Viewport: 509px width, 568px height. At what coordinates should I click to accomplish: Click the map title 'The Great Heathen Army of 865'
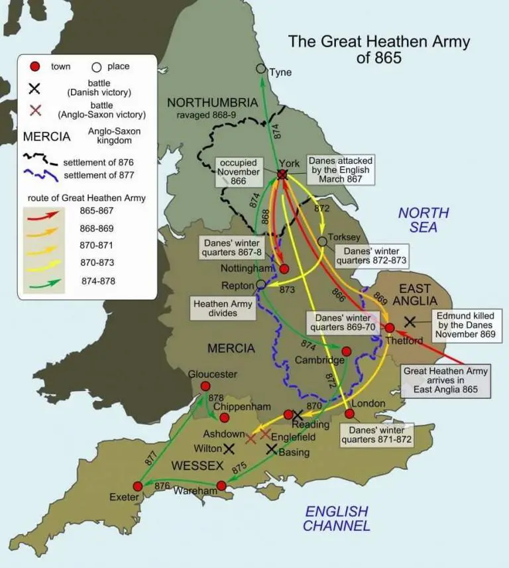378,50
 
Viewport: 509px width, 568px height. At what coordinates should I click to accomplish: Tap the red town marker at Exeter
139,486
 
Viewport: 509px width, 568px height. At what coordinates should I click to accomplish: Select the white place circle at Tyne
261,69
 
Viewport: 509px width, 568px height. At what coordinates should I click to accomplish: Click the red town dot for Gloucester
205,386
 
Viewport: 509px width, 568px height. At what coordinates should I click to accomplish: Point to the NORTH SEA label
423,220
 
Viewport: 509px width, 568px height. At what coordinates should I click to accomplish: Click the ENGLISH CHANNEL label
336,519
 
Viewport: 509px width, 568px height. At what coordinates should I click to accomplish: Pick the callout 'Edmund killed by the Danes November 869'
465,325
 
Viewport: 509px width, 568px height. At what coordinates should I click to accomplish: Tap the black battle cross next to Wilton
229,449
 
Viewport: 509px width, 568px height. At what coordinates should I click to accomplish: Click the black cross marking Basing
272,449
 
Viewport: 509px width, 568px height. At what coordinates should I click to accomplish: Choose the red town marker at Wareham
221,486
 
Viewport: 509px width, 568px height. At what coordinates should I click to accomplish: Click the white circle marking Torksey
322,241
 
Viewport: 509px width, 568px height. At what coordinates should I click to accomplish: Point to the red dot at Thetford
390,327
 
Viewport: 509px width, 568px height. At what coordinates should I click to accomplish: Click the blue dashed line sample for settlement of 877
41,176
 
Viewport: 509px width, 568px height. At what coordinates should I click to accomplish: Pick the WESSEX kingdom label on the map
198,466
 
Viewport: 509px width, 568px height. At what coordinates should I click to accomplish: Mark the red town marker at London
350,414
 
